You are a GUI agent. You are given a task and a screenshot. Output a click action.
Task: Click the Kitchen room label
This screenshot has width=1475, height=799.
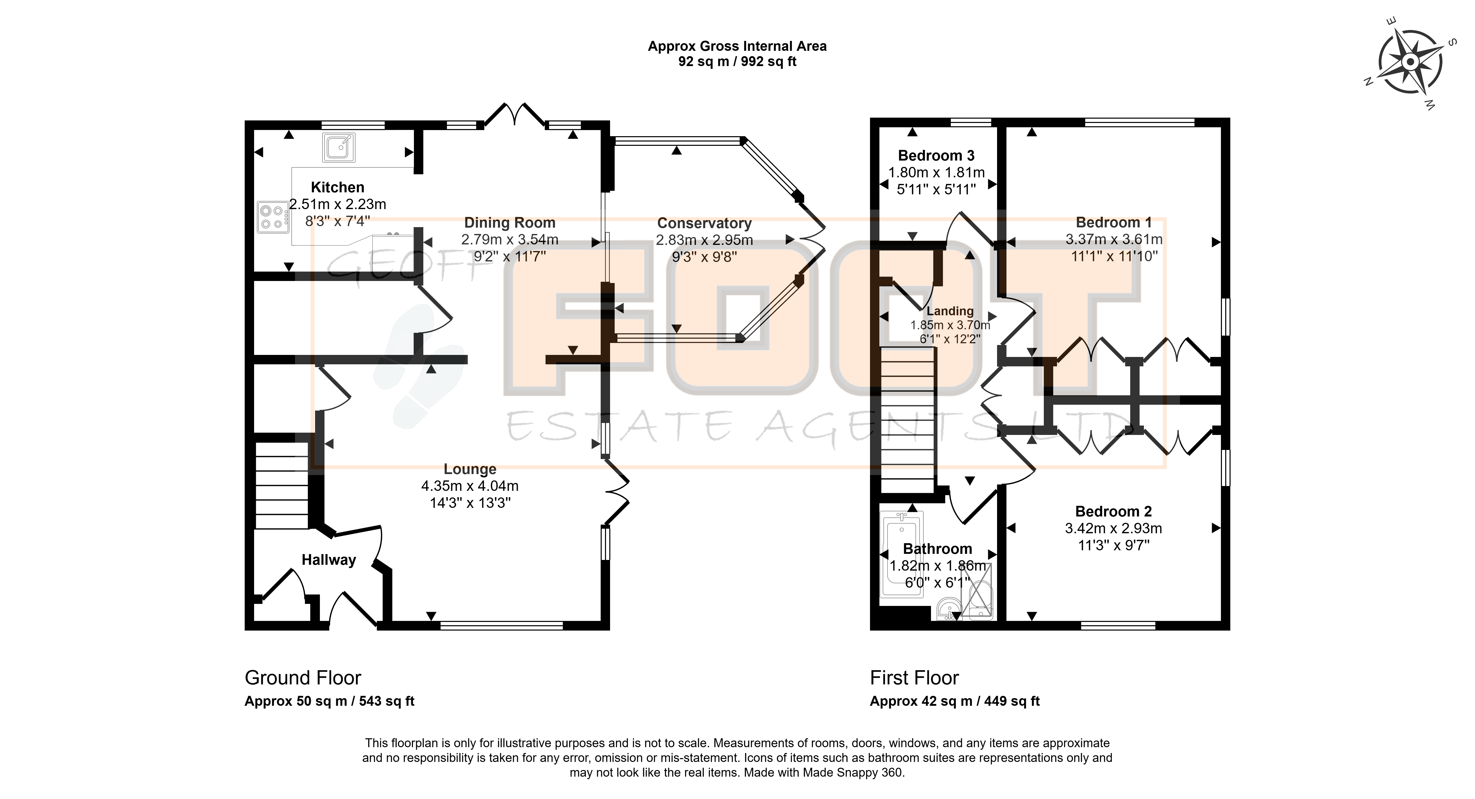[x=337, y=187]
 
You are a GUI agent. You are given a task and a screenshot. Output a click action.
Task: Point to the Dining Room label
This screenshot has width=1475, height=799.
[x=510, y=223]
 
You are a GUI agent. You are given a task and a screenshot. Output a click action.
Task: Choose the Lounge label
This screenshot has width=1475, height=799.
[x=470, y=469]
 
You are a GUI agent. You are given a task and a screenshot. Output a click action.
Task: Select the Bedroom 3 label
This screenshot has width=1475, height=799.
[x=936, y=156]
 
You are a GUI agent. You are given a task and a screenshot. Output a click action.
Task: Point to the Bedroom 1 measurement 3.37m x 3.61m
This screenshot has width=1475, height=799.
[x=1114, y=240]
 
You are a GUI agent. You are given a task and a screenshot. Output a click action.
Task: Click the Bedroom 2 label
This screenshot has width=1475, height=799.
[x=1113, y=511]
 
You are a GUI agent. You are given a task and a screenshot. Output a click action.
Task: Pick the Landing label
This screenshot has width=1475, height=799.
[x=950, y=311]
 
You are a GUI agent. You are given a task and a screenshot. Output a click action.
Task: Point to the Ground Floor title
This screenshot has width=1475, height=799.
[x=303, y=678]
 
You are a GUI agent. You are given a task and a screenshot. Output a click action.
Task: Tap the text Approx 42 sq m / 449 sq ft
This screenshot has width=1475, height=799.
[x=955, y=701]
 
